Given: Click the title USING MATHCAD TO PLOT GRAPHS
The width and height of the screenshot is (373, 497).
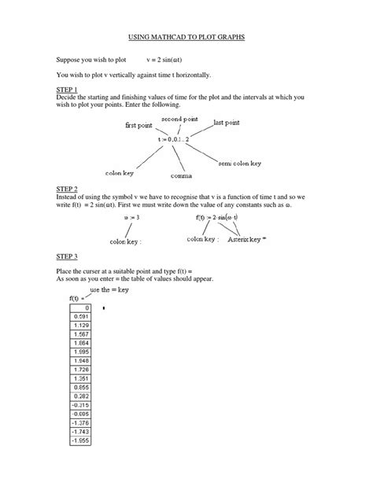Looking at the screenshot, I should [186, 37].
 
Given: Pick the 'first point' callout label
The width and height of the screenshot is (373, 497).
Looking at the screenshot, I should [140, 126].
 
